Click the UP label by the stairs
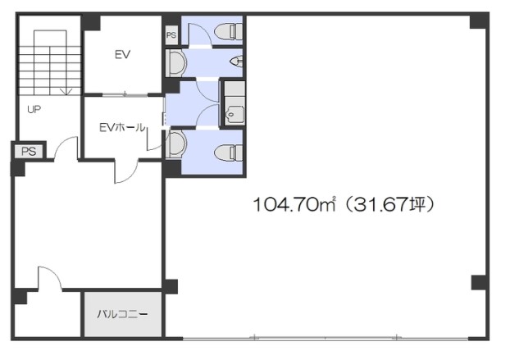coord(34,110)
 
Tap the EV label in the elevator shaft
coord(123,54)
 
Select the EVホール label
coord(122,127)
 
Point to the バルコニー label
coord(123,314)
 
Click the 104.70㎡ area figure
coord(294,204)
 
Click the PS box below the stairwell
coord(29,151)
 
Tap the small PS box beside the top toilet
coord(171,34)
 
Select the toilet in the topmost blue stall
coord(228,31)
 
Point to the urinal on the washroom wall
coord(236,61)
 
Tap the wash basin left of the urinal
coord(176,63)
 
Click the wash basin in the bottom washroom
coord(176,144)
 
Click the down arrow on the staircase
coord(66,92)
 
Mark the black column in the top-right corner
coord(478,21)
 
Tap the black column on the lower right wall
coord(479,283)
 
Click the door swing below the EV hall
coord(126,171)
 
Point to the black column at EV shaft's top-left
coord(91,23)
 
